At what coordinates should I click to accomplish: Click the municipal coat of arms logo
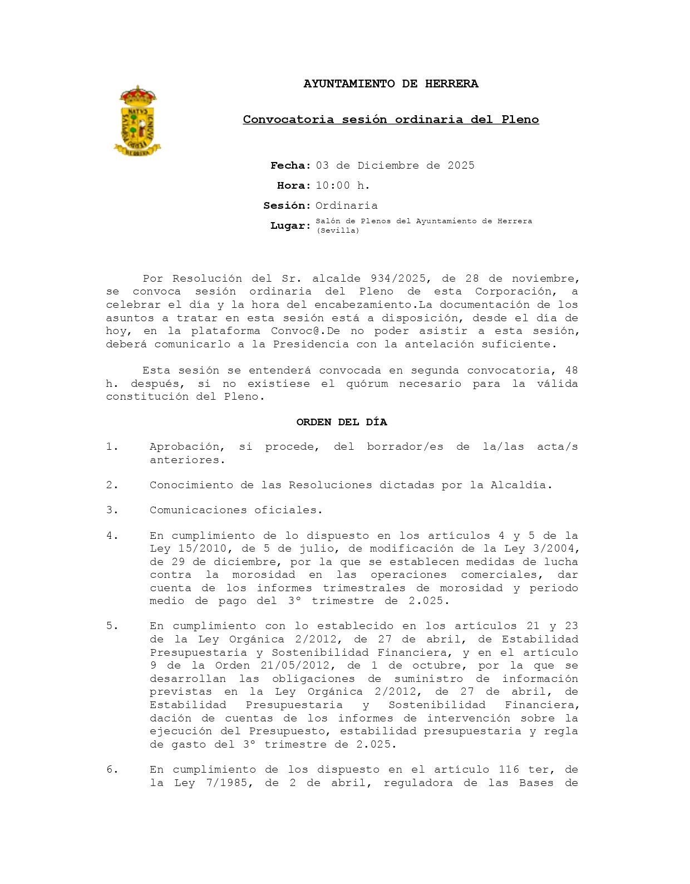(137, 121)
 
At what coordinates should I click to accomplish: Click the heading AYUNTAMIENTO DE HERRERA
(391, 84)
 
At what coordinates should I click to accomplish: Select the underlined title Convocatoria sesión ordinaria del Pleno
(391, 120)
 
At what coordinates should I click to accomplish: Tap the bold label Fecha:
(290, 165)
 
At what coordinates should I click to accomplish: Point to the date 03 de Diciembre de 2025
(395, 165)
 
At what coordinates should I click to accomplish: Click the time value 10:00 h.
(343, 185)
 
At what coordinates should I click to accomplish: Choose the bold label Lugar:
(290, 225)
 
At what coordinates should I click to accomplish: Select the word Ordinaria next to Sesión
(346, 205)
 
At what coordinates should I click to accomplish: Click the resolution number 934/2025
(398, 278)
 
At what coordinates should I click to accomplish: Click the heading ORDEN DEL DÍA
(342, 422)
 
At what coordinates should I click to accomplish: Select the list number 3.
(112, 510)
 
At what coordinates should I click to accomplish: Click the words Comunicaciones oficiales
(236, 510)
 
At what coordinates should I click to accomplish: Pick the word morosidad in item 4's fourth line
(263, 574)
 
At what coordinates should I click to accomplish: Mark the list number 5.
(112, 626)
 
